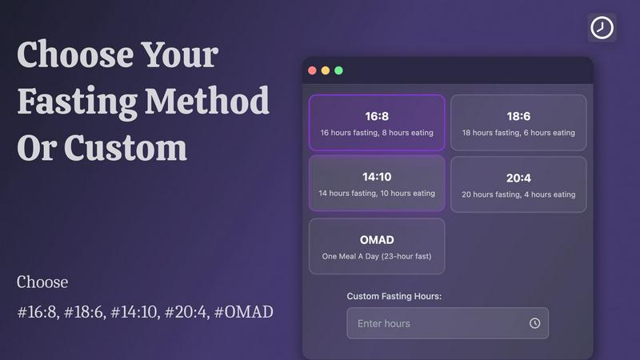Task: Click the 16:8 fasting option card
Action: [377, 122]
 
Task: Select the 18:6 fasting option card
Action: [518, 122]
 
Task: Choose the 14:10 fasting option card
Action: [377, 184]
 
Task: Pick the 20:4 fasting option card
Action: [518, 184]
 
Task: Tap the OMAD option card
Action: [377, 246]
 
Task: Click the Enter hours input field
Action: [436, 323]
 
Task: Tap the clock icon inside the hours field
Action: [534, 323]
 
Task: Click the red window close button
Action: [313, 70]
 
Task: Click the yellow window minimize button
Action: [326, 70]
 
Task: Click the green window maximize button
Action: [338, 70]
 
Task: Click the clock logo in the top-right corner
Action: [602, 28]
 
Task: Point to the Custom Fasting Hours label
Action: [394, 296]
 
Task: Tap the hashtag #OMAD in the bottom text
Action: [243, 311]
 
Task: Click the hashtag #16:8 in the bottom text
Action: [38, 311]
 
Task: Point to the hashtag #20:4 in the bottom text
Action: [183, 311]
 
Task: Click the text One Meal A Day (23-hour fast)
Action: [377, 256]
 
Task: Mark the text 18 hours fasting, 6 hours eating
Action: [518, 133]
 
